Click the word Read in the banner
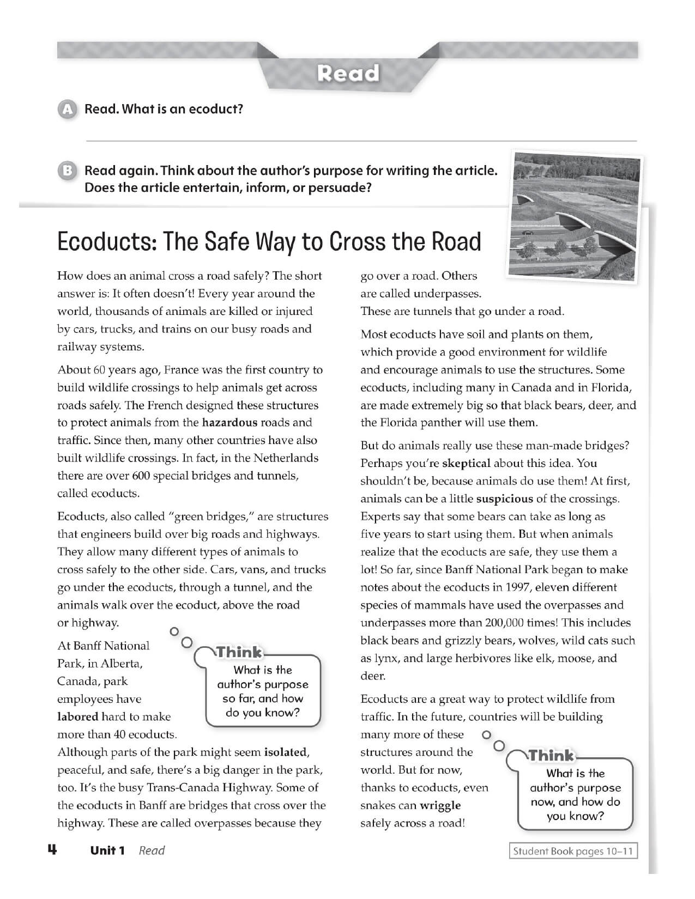(x=348, y=73)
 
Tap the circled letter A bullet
(x=67, y=109)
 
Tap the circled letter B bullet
(x=67, y=171)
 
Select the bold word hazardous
(x=229, y=423)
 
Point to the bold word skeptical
(x=466, y=464)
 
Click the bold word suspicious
(x=504, y=499)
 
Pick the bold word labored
(x=78, y=717)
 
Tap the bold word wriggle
(x=440, y=805)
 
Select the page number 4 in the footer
(x=52, y=850)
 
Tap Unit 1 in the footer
(x=108, y=851)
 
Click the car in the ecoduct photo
(x=528, y=233)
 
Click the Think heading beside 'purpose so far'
(x=239, y=652)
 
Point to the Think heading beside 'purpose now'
(x=551, y=756)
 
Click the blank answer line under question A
(x=361, y=141)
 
